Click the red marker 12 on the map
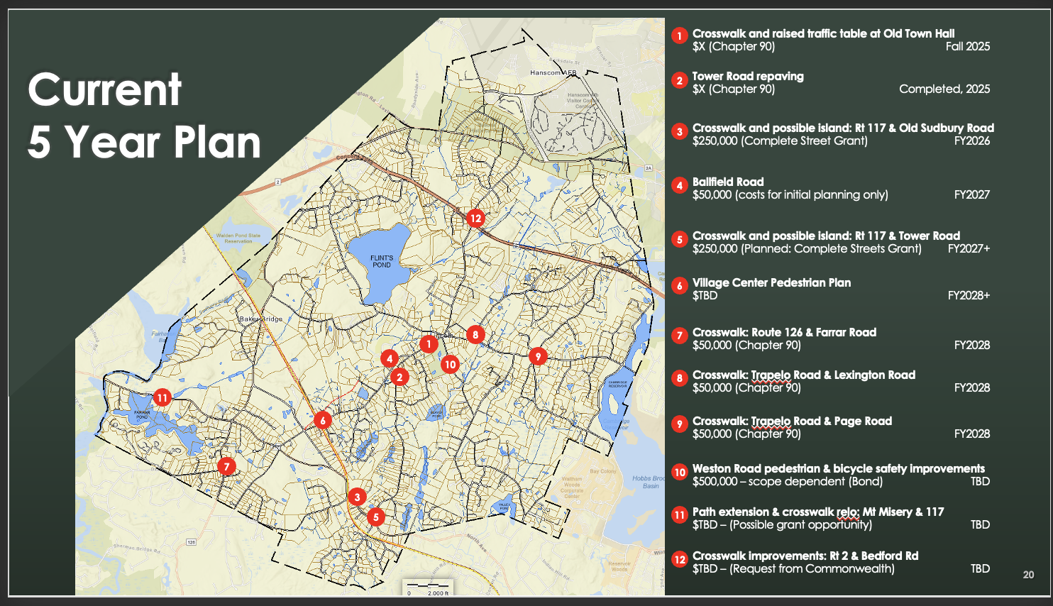point(475,218)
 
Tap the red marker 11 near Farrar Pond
point(162,397)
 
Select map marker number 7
point(226,466)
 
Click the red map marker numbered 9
point(538,356)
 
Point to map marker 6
point(323,421)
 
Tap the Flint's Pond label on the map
point(382,261)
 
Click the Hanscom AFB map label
point(553,72)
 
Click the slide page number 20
point(1028,575)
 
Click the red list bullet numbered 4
point(680,186)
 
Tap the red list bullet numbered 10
point(680,473)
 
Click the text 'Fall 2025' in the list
point(967,47)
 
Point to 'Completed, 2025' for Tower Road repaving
point(944,89)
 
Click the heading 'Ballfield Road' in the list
point(728,182)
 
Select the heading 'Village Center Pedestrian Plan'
point(771,282)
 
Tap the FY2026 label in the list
point(971,141)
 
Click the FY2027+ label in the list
point(969,249)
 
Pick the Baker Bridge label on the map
point(260,319)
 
